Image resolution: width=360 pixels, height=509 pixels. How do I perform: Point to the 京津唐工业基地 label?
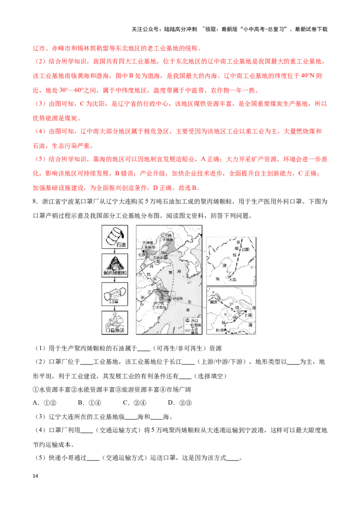tap(148, 245)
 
